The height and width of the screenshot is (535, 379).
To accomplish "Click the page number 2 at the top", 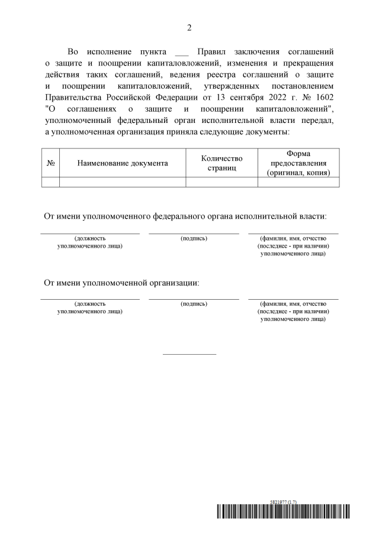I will coord(189,28).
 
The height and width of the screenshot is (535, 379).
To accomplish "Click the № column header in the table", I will coord(50,163).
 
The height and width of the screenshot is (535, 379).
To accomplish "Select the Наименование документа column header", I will coord(123,163).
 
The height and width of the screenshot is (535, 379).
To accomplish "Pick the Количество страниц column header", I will coord(222,163).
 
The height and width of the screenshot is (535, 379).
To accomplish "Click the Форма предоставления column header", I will coord(298,163).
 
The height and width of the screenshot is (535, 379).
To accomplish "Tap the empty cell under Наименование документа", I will coord(123,182).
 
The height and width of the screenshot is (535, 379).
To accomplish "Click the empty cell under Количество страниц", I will coord(222,182).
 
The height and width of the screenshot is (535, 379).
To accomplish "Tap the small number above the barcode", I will coord(282,501).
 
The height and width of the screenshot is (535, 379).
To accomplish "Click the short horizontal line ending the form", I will coord(189,354).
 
